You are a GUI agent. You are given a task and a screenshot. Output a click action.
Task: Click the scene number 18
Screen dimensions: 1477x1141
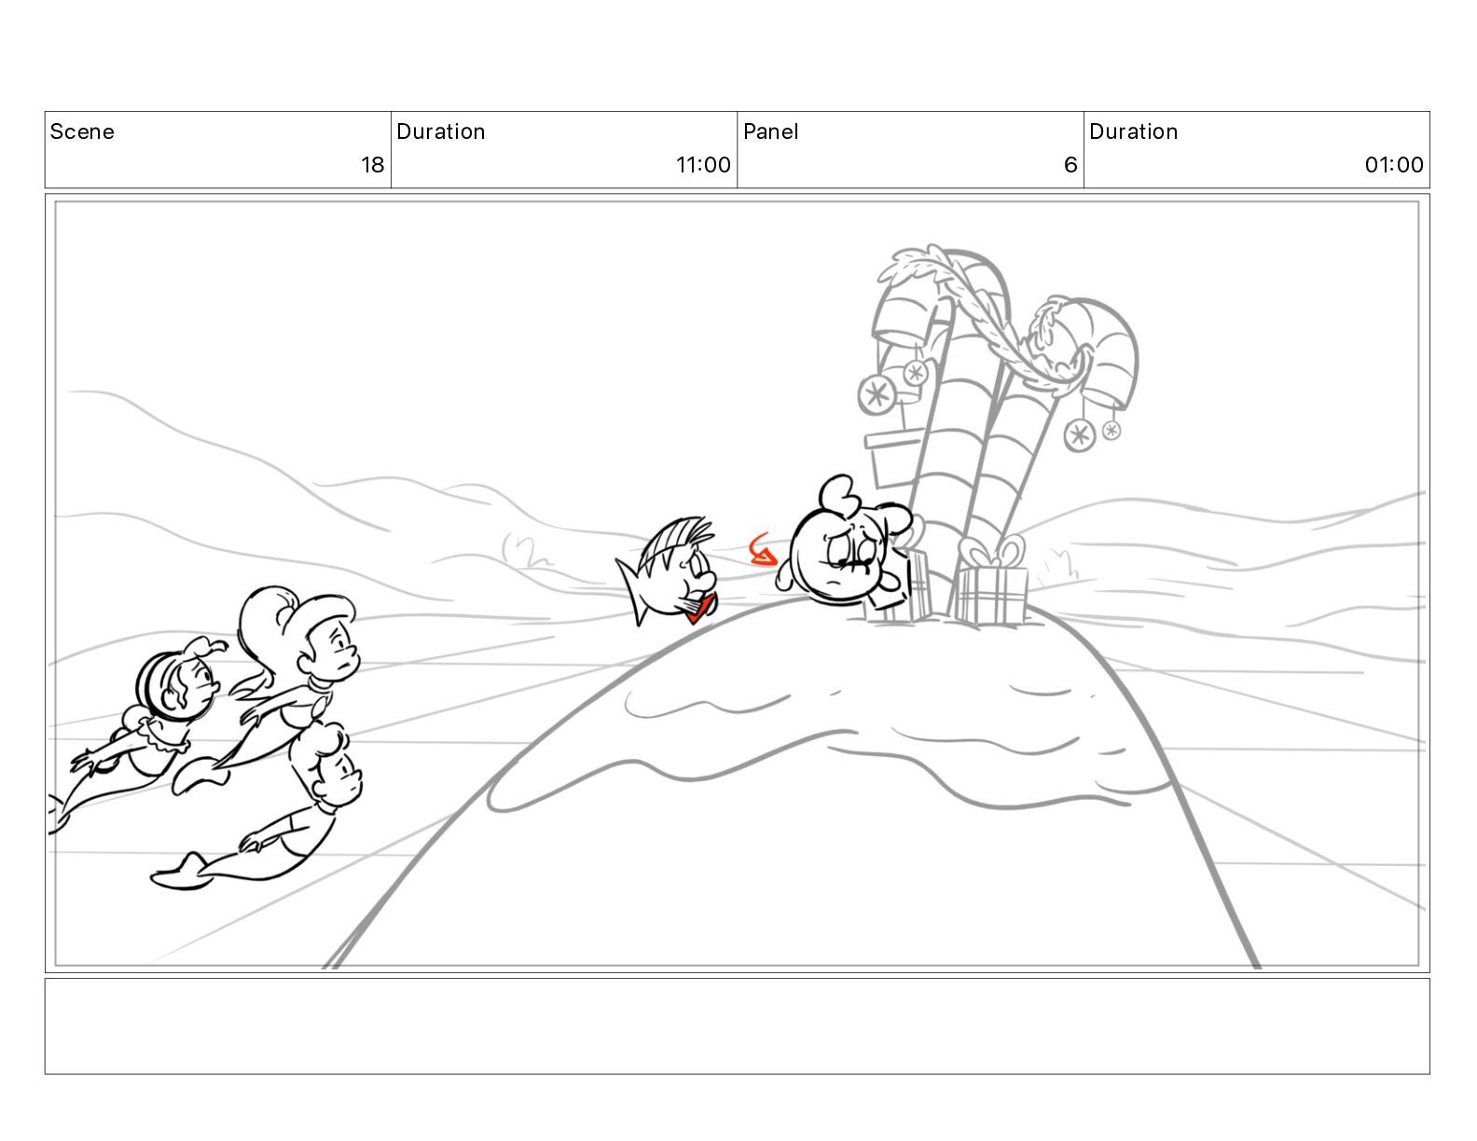click(372, 164)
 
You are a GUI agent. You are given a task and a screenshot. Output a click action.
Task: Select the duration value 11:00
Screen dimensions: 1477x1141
click(703, 164)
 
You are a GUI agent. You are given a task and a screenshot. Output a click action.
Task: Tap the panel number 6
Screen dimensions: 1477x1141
click(1070, 164)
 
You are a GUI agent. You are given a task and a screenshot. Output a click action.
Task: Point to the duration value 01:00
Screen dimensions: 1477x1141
click(1394, 164)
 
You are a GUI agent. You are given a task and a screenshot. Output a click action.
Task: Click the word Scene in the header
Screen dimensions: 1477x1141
click(82, 131)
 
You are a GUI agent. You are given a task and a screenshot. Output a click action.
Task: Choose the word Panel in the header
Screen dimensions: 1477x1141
click(771, 131)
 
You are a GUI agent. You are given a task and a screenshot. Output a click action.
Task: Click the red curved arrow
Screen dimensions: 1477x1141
click(763, 550)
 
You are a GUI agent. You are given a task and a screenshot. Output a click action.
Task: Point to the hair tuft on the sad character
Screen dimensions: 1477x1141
click(838, 493)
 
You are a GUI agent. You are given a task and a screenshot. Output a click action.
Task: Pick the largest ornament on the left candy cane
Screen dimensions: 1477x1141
click(877, 393)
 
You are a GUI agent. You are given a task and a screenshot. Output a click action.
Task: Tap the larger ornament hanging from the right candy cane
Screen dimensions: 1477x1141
click(1080, 435)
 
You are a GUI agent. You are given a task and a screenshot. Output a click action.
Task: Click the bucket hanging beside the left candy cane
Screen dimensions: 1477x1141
click(894, 459)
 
